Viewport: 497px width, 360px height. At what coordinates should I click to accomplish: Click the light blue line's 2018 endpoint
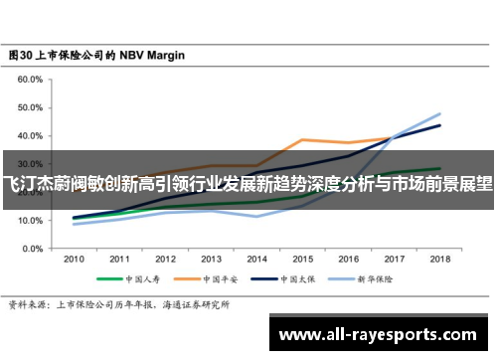(x=439, y=113)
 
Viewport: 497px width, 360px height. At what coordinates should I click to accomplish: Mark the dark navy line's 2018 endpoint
(x=439, y=125)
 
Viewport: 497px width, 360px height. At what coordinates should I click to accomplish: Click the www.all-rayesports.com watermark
(x=382, y=332)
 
